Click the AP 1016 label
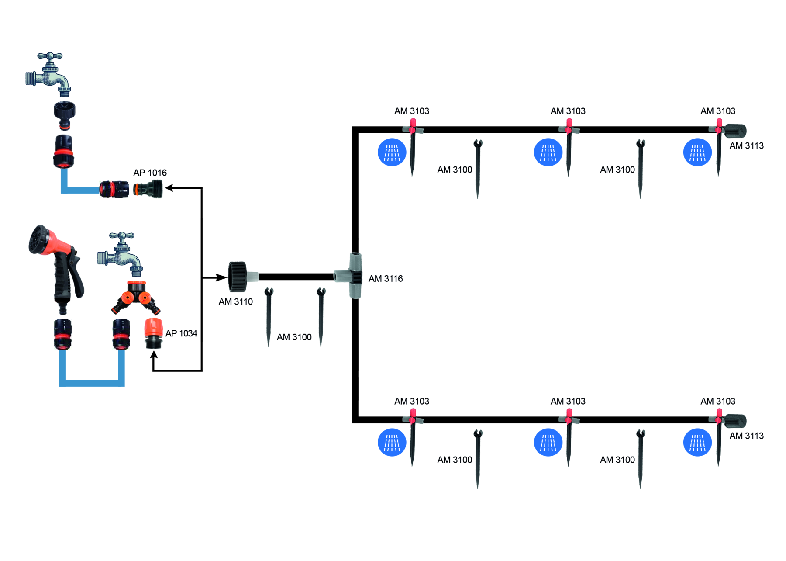[150, 173]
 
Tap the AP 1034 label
[181, 333]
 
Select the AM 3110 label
[235, 301]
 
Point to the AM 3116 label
[385, 278]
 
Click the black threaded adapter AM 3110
[238, 277]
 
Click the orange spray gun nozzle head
[42, 240]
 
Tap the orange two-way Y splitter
[136, 298]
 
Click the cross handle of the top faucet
[50, 56]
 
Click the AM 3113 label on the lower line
[746, 436]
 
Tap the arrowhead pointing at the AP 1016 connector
[169, 188]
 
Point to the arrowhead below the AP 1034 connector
[153, 355]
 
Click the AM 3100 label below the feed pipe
[294, 337]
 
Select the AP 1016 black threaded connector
[149, 189]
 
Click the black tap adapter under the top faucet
[65, 114]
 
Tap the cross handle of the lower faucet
[122, 236]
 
